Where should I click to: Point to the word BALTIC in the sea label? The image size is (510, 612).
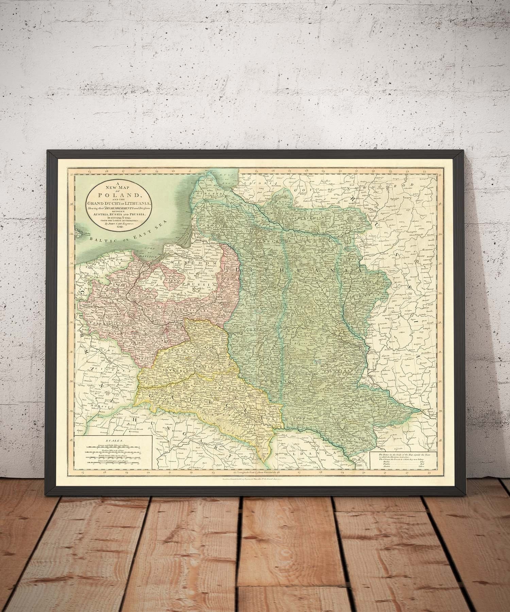(99, 239)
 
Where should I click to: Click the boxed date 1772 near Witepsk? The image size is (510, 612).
(347, 249)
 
